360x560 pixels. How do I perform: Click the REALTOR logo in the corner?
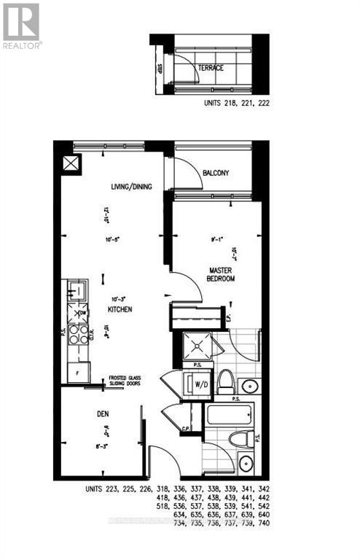(21, 25)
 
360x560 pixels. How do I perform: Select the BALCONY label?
(216, 173)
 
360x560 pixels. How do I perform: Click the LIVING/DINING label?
(112, 187)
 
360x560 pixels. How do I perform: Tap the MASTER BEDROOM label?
(218, 274)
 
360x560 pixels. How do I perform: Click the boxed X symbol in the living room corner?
(70, 163)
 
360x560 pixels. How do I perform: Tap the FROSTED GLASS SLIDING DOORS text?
(125, 381)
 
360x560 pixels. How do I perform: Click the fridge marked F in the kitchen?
(77, 371)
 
